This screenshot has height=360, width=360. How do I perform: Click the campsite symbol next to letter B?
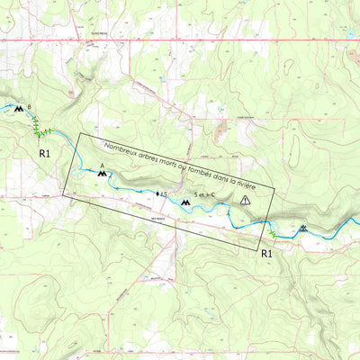18,108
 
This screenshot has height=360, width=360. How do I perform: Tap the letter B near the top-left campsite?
29,107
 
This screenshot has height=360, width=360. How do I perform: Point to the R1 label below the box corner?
266,255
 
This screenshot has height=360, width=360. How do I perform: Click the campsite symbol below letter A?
102,171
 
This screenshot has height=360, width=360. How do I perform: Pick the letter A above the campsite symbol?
102,164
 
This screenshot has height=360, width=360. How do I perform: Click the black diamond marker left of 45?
157,193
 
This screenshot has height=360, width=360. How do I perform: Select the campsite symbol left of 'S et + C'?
185,203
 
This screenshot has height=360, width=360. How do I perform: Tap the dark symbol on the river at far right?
303,229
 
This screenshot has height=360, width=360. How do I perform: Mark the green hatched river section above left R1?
40,132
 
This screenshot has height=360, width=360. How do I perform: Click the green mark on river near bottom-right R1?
271,236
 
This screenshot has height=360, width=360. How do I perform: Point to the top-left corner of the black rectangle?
80,134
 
